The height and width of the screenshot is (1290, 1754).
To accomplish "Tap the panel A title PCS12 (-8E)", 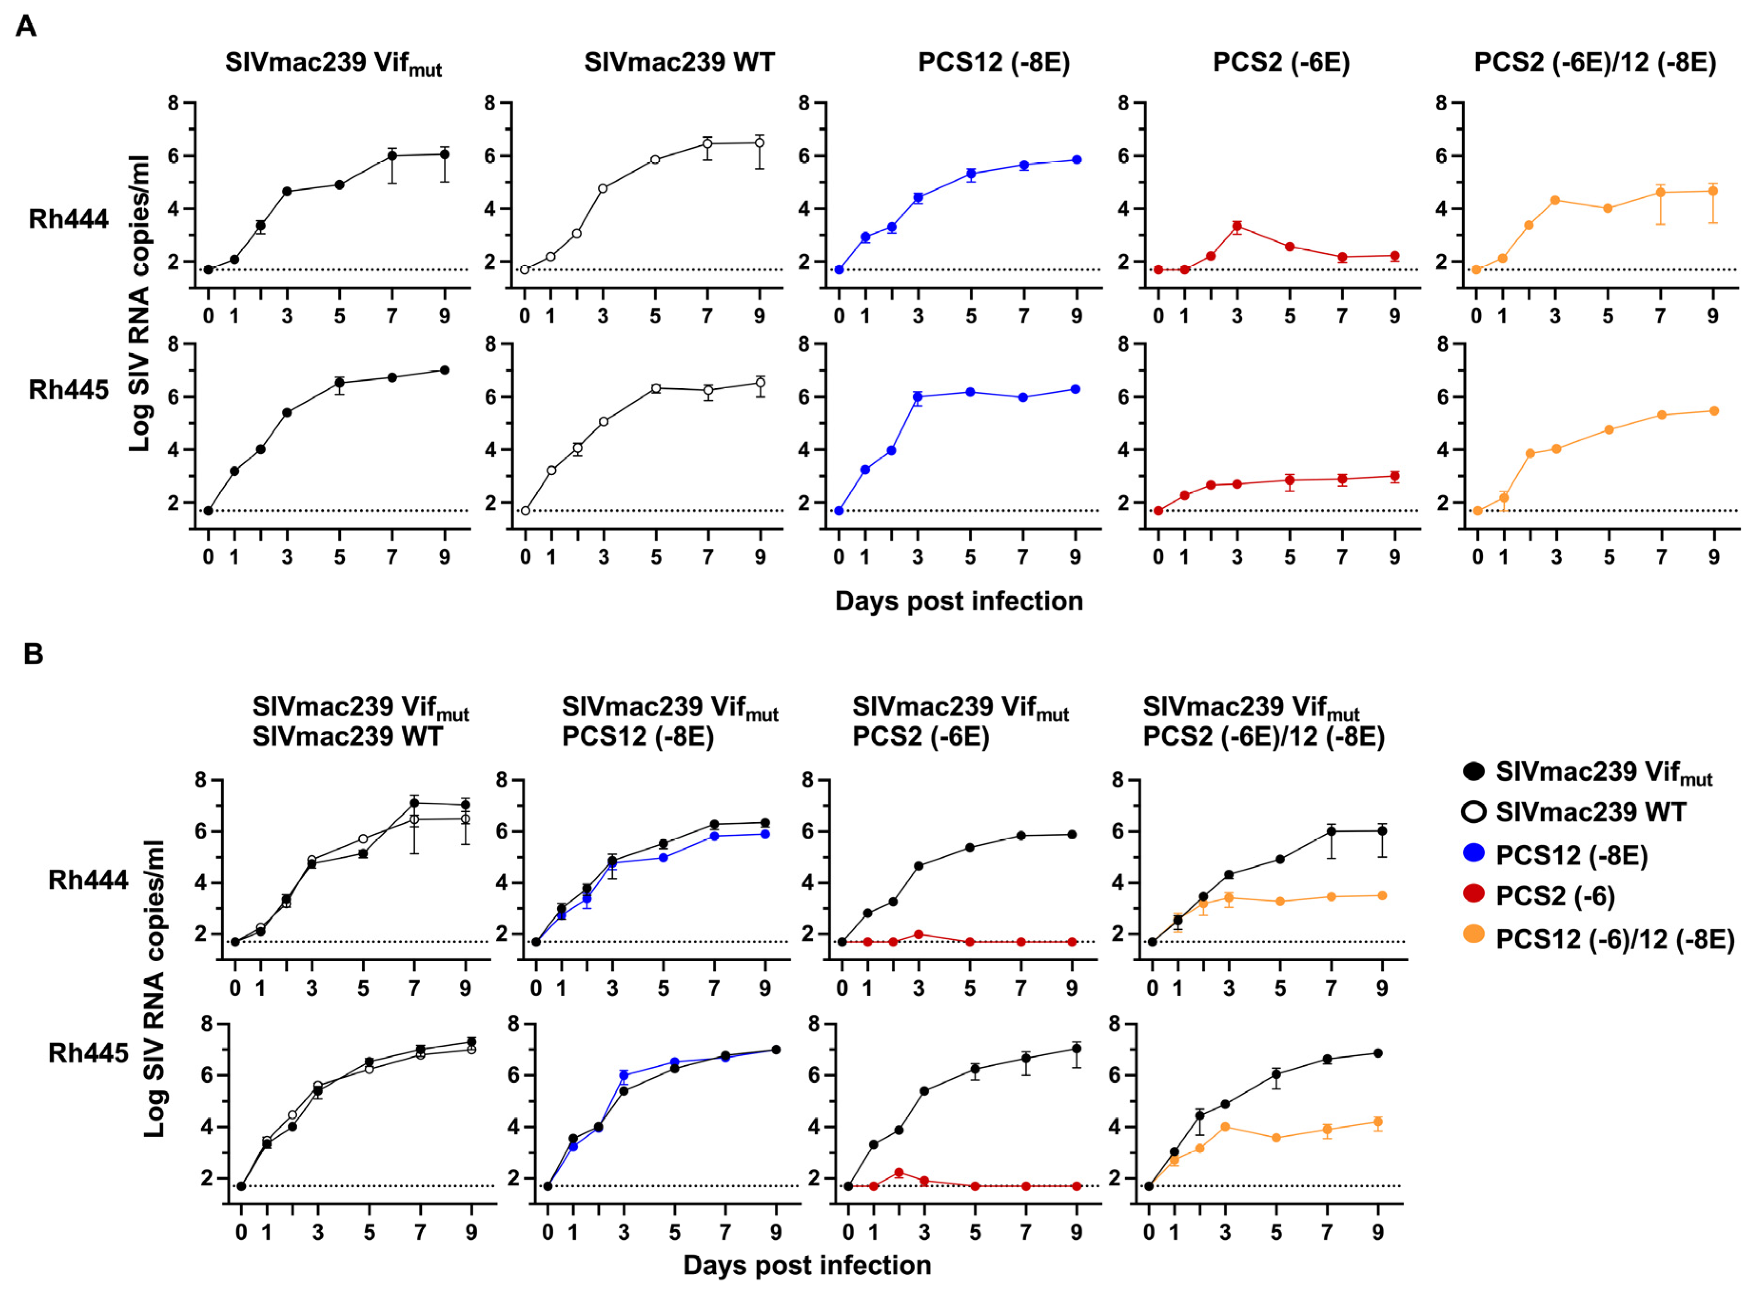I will pyautogui.click(x=994, y=62).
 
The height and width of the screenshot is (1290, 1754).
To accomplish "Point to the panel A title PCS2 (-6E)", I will pyautogui.click(x=1281, y=62).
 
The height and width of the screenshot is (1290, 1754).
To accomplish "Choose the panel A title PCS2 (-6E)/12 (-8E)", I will pyautogui.click(x=1595, y=62).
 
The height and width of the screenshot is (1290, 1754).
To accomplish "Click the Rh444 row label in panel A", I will pyautogui.click(x=68, y=219).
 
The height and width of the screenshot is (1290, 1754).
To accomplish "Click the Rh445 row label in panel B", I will pyautogui.click(x=88, y=1053).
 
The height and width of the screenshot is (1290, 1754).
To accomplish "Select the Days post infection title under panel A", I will pyautogui.click(x=958, y=601).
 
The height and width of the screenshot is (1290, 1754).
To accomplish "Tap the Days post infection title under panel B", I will pyautogui.click(x=807, y=1265).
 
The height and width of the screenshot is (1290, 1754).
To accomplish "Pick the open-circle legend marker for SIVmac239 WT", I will pyautogui.click(x=1473, y=812).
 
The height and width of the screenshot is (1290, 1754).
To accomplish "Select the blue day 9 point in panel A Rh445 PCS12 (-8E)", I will pyautogui.click(x=1075, y=389).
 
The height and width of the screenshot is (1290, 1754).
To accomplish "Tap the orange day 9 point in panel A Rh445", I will pyautogui.click(x=1714, y=411).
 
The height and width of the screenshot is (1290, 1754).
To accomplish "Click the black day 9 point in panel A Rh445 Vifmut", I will pyautogui.click(x=444, y=370).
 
